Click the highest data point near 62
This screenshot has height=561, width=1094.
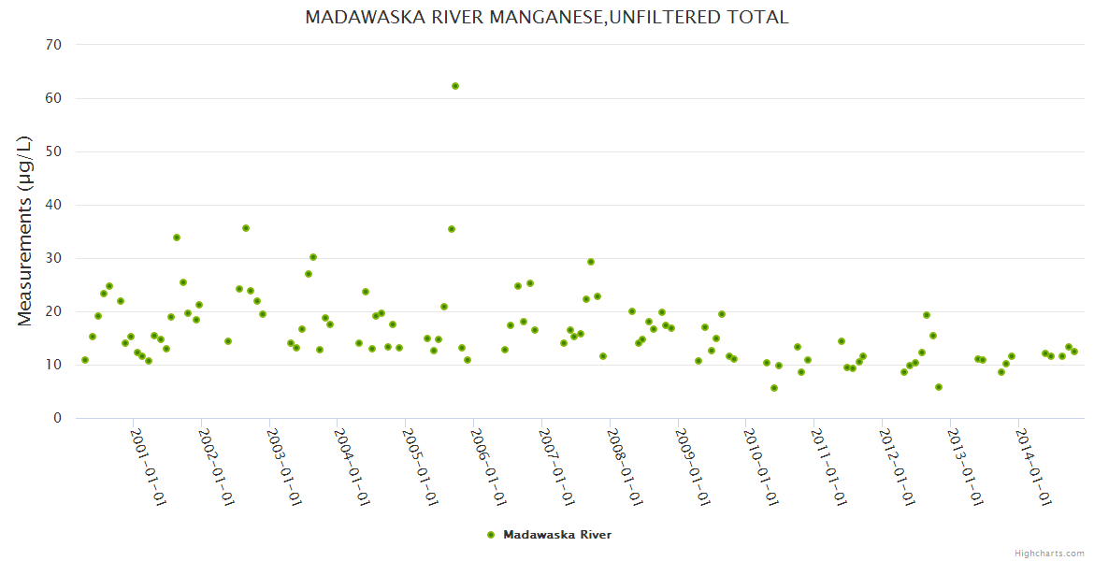click(455, 86)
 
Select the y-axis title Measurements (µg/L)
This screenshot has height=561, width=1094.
click(25, 231)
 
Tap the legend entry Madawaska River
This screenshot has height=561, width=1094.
click(557, 535)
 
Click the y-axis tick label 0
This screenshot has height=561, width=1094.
click(58, 419)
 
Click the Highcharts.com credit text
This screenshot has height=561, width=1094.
click(1049, 553)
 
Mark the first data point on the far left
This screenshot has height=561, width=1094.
click(85, 360)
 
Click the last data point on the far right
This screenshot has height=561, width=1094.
click(1074, 352)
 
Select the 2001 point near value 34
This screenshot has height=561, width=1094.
click(177, 237)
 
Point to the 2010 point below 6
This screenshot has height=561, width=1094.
click(774, 388)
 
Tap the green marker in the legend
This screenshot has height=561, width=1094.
click(491, 535)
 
